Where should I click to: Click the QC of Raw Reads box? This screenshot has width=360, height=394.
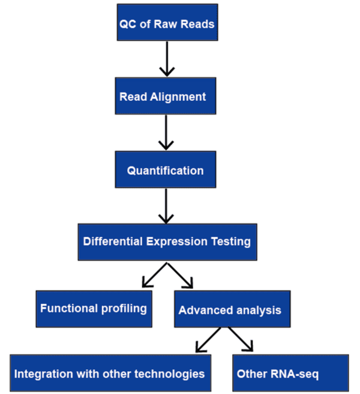pyautogui.click(x=167, y=23)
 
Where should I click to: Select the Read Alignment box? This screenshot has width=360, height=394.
pyautogui.click(x=166, y=96)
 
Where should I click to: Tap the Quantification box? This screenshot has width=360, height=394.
pyautogui.click(x=166, y=170)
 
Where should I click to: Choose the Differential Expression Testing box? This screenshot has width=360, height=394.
pyautogui.click(x=167, y=242)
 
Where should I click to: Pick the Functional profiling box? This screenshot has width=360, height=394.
pyautogui.click(x=94, y=309)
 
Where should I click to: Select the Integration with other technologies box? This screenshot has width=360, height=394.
pyautogui.click(x=112, y=373)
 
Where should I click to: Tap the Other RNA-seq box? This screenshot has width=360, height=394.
pyautogui.click(x=290, y=373)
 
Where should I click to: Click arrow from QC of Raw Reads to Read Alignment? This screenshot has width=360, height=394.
pyautogui.click(x=166, y=60)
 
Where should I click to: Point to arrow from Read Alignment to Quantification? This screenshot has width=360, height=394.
pyautogui.click(x=166, y=133)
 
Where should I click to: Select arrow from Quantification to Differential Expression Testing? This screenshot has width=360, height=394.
pyautogui.click(x=166, y=207)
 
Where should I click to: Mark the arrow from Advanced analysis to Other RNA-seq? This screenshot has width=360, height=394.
pyautogui.click(x=240, y=339)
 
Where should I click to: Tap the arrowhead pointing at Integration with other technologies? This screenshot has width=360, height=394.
pyautogui.click(x=200, y=348)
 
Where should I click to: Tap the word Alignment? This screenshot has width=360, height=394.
pyautogui.click(x=178, y=97)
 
